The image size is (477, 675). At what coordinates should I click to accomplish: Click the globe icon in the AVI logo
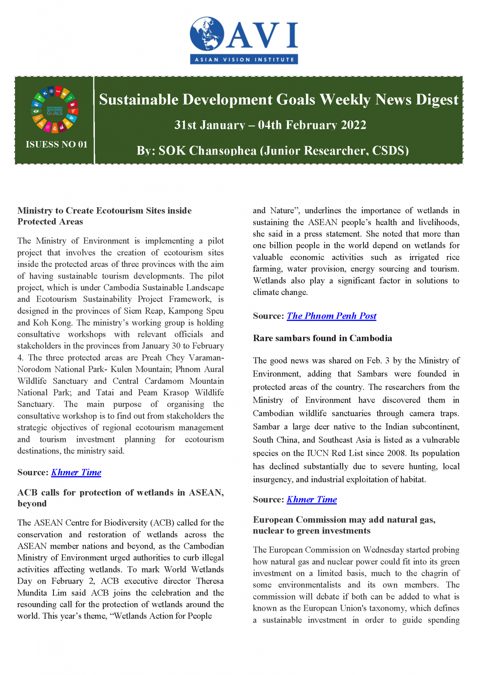coord(207,34)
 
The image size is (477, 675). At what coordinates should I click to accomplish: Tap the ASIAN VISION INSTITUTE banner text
coord(244,60)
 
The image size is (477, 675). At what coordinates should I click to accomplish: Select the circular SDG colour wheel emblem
coord(55,110)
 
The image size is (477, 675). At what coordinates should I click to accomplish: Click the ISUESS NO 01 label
coord(56,144)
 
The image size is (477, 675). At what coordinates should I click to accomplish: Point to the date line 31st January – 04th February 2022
coord(270,125)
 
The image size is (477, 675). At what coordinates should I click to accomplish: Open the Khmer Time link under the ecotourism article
coord(76,472)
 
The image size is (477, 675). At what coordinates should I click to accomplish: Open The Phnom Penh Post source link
coord(331,316)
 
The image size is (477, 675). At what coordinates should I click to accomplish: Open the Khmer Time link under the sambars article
coord(312,499)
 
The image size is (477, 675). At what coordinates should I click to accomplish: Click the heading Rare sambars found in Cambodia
coord(322,338)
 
